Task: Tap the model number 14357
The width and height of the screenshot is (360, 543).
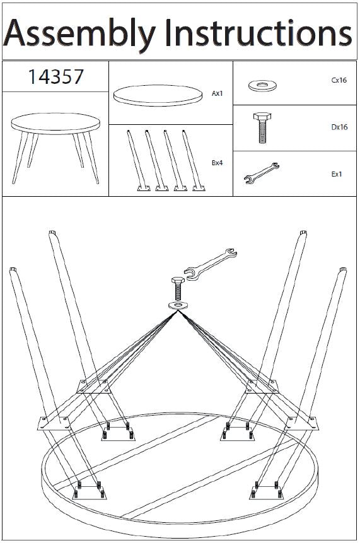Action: [x=55, y=76]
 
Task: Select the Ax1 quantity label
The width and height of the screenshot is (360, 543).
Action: [x=217, y=93]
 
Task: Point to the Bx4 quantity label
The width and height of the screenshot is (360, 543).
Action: [x=217, y=163]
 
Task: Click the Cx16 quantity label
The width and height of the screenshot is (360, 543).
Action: [x=339, y=80]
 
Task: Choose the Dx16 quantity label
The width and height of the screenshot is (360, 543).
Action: [x=339, y=127]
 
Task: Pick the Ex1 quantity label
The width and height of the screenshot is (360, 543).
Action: [x=337, y=174]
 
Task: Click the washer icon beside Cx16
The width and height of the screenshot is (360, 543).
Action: [x=262, y=85]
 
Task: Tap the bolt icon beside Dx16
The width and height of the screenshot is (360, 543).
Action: [x=262, y=127]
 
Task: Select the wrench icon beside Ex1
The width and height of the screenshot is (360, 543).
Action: [x=262, y=173]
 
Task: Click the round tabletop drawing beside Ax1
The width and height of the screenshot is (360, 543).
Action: [x=158, y=95]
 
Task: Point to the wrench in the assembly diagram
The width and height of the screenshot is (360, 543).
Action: [x=210, y=264]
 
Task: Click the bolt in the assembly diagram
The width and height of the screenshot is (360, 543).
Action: [x=178, y=289]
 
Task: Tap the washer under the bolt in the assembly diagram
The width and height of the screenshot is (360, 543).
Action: [x=178, y=305]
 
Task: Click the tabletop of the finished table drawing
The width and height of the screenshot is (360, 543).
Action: [x=55, y=123]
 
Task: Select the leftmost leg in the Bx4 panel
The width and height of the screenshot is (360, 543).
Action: [x=138, y=160]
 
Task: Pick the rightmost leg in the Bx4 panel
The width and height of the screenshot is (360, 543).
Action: [x=194, y=160]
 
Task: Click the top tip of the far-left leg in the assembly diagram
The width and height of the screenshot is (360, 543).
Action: [x=13, y=269]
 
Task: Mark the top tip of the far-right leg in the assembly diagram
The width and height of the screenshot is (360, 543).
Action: [x=343, y=269]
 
